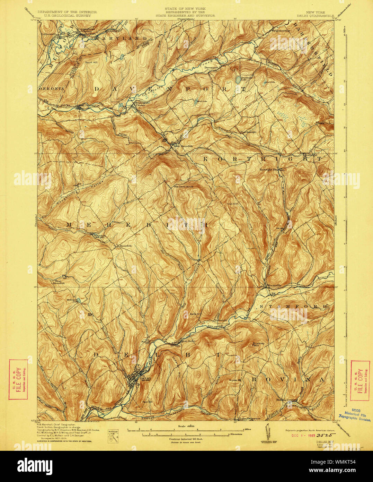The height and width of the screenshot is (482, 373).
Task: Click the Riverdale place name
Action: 221,320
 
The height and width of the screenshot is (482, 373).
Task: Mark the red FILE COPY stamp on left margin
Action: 18,379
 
